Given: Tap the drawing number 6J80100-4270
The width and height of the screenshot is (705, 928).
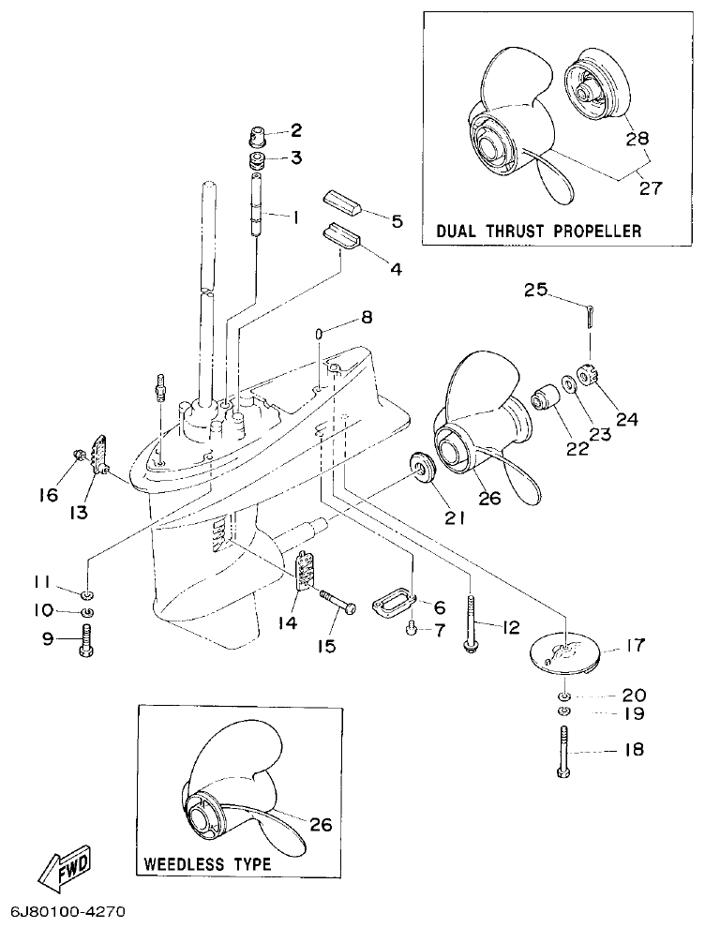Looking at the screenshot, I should pyautogui.click(x=68, y=910).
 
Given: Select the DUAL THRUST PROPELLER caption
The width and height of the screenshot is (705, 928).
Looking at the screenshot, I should pyautogui.click(x=538, y=230).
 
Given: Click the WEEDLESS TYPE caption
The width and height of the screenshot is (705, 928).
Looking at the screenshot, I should pyautogui.click(x=207, y=863).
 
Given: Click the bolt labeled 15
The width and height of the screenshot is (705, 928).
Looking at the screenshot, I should pyautogui.click(x=338, y=602).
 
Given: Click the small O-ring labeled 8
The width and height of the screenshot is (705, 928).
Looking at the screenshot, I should pyautogui.click(x=319, y=332).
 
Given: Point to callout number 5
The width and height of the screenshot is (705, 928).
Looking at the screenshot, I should pyautogui.click(x=397, y=221).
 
